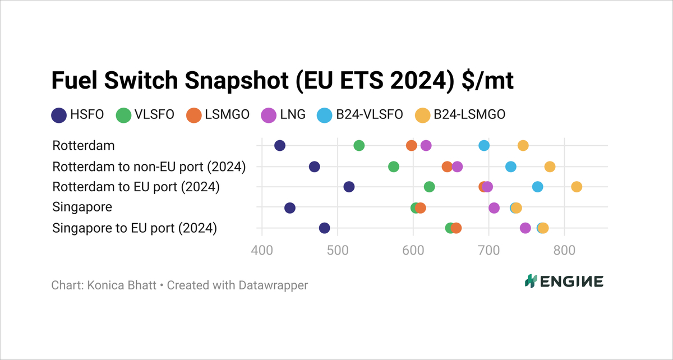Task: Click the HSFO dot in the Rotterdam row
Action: coord(280,146)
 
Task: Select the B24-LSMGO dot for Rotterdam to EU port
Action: coord(577,187)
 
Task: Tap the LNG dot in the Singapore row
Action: coord(494,208)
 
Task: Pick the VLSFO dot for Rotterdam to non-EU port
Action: coord(394,167)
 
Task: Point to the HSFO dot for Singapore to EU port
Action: coord(325,228)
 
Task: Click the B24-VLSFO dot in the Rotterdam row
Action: coord(484,146)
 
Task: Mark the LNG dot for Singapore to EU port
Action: coord(526,228)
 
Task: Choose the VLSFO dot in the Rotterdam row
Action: coord(359,146)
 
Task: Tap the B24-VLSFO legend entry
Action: coord(360,115)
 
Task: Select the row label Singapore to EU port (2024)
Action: coord(135,228)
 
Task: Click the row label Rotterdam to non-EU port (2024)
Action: coord(149,167)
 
